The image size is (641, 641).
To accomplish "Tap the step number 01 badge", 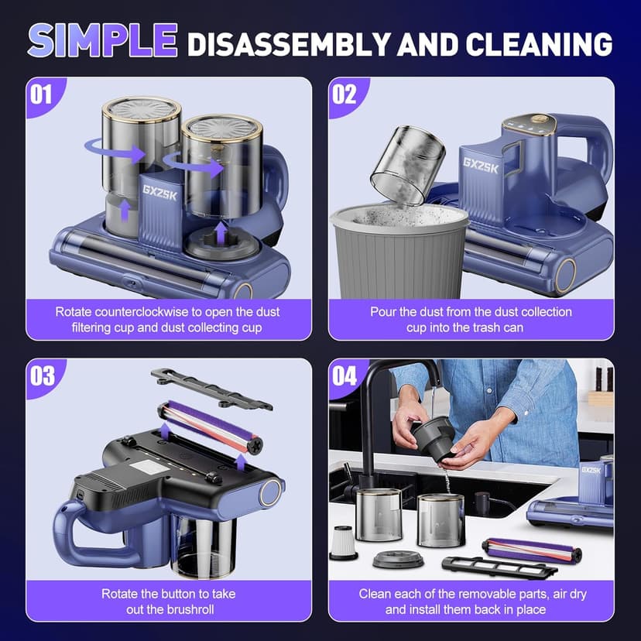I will click(x=42, y=94).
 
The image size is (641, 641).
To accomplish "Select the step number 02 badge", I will click(x=344, y=94).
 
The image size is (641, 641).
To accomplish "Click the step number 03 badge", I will click(x=42, y=375).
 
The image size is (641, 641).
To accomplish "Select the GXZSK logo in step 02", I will click(x=481, y=164).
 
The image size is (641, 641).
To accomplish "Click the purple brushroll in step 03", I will click(x=209, y=429).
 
